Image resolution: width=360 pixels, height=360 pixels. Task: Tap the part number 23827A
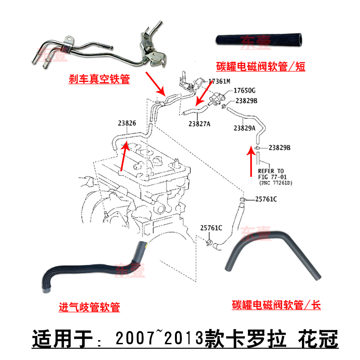(x=199, y=124)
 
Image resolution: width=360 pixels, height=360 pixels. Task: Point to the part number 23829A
(x=244, y=128)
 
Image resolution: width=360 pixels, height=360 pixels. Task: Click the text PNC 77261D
(x=275, y=183)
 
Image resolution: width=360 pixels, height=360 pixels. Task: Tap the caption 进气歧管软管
(x=90, y=308)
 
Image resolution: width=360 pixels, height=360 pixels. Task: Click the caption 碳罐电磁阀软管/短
(x=263, y=67)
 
